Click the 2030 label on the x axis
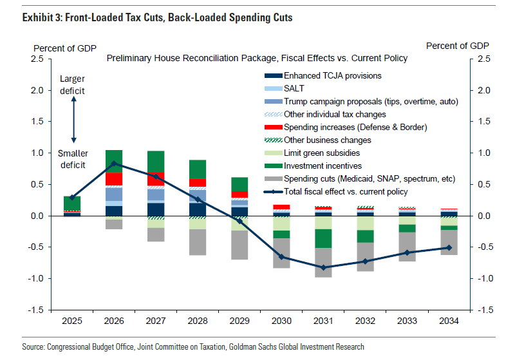pyautogui.click(x=281, y=321)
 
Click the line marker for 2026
pyautogui.click(x=114, y=164)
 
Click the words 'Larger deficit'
pyautogui.click(x=72, y=85)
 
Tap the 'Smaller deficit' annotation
pyautogui.click(x=73, y=160)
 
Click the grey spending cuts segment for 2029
pyautogui.click(x=239, y=245)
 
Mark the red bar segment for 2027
pyautogui.click(x=155, y=178)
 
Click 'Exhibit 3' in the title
pyautogui.click(x=42, y=18)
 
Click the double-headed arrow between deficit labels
pyautogui.click(x=73, y=121)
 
